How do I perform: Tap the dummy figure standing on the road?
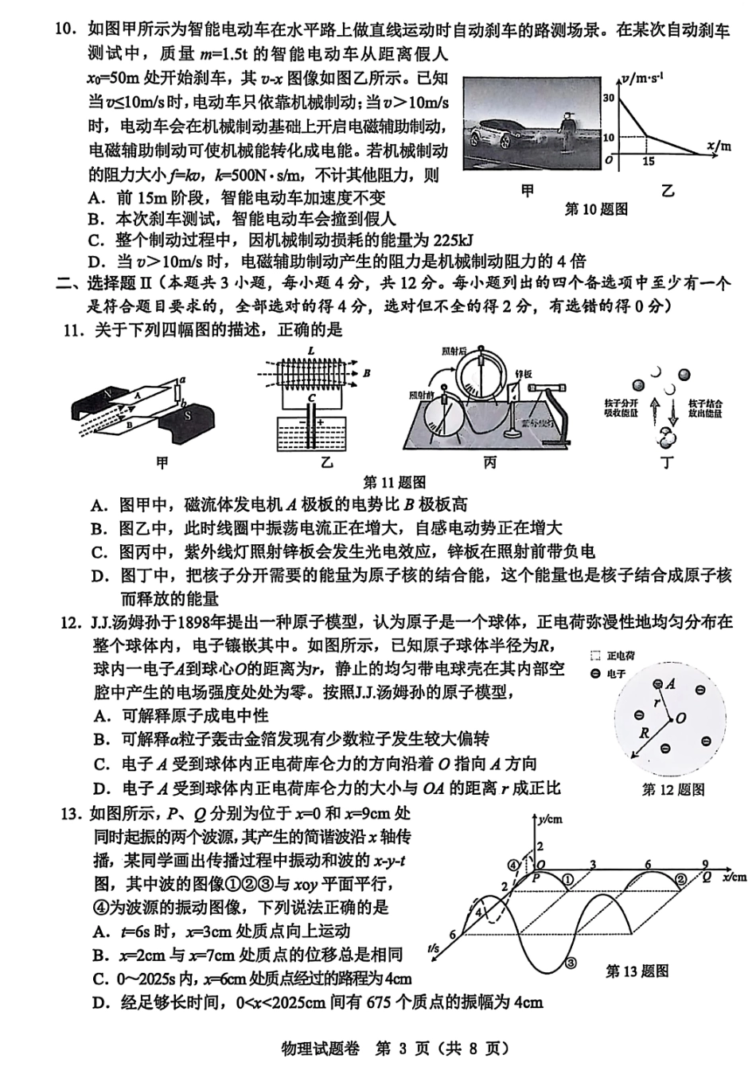[567, 129]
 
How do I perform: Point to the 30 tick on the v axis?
[610, 98]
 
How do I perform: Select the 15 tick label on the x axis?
[649, 161]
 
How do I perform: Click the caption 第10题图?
[596, 209]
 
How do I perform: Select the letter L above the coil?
[311, 351]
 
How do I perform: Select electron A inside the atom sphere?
[657, 685]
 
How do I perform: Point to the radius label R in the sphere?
[645, 733]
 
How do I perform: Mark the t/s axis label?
[434, 948]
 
